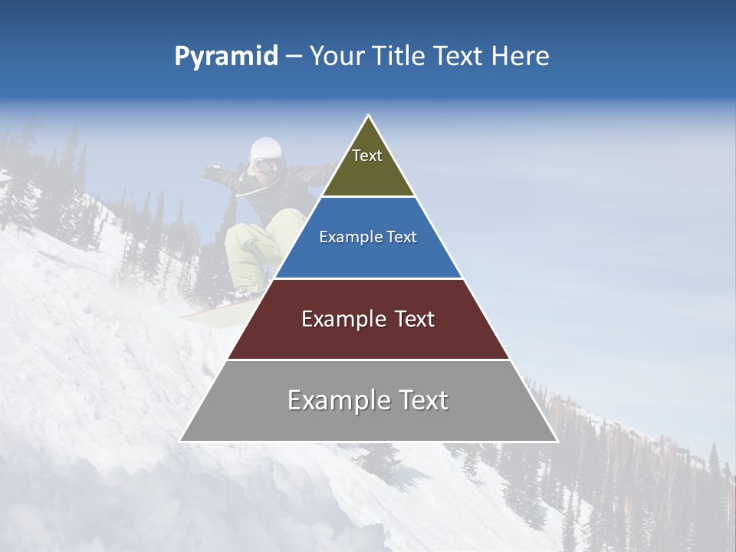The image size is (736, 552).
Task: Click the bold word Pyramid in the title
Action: (x=225, y=57)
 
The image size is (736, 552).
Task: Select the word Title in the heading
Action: (x=397, y=57)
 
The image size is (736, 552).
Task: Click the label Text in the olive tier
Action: (x=367, y=156)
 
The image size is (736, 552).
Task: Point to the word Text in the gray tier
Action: (x=420, y=400)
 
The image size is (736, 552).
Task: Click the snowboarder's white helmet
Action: (x=266, y=148)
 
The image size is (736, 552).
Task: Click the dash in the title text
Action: (x=294, y=57)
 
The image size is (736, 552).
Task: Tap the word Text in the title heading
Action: (x=458, y=57)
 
